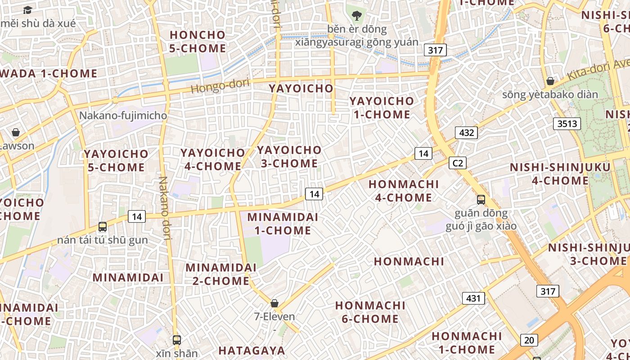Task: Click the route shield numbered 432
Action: (466, 132)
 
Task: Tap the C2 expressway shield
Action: (457, 163)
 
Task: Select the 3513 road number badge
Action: (567, 123)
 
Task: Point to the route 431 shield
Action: (473, 298)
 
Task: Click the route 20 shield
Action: (529, 340)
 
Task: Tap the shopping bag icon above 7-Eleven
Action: (274, 303)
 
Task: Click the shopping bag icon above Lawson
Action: (16, 132)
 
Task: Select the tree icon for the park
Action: (357, 16)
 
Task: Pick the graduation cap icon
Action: (28, 10)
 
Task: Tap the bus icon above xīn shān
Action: (177, 340)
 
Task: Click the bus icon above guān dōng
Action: (481, 199)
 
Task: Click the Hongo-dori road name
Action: (220, 85)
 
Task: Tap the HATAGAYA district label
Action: (252, 351)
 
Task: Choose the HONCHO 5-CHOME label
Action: (198, 41)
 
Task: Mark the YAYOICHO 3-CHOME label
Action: (289, 157)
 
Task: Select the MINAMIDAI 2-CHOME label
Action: (221, 274)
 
